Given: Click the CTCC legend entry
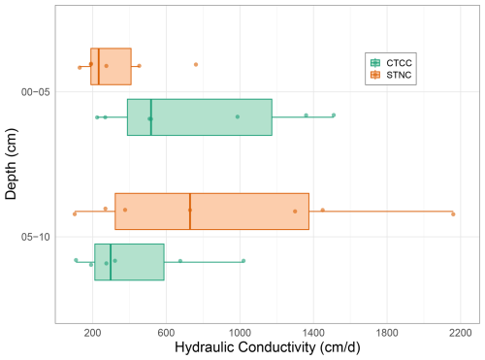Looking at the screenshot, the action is [391, 63].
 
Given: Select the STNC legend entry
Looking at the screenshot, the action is [391, 75].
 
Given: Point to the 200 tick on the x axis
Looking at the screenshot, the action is [92, 333].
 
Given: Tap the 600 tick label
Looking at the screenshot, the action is [166, 333].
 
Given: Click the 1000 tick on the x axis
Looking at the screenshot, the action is [240, 333].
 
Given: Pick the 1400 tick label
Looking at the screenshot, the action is [313, 333].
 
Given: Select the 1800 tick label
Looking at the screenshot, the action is [387, 333].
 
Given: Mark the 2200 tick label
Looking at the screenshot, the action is [461, 333].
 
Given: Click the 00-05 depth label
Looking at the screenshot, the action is [36, 92].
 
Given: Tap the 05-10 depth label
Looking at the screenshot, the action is [36, 237].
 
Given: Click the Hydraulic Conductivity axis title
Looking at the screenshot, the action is [268, 347].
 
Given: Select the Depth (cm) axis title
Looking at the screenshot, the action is [11, 164].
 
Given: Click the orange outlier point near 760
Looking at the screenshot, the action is [196, 65].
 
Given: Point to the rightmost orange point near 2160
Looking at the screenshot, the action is [453, 214].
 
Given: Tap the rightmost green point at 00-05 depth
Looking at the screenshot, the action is [334, 115].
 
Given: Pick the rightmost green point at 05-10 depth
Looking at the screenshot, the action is [243, 261].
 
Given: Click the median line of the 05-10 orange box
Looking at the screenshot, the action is [190, 212].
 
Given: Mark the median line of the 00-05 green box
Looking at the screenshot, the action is [151, 117].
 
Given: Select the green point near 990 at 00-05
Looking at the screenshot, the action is [238, 116].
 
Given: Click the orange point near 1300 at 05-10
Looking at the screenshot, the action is [295, 212].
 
